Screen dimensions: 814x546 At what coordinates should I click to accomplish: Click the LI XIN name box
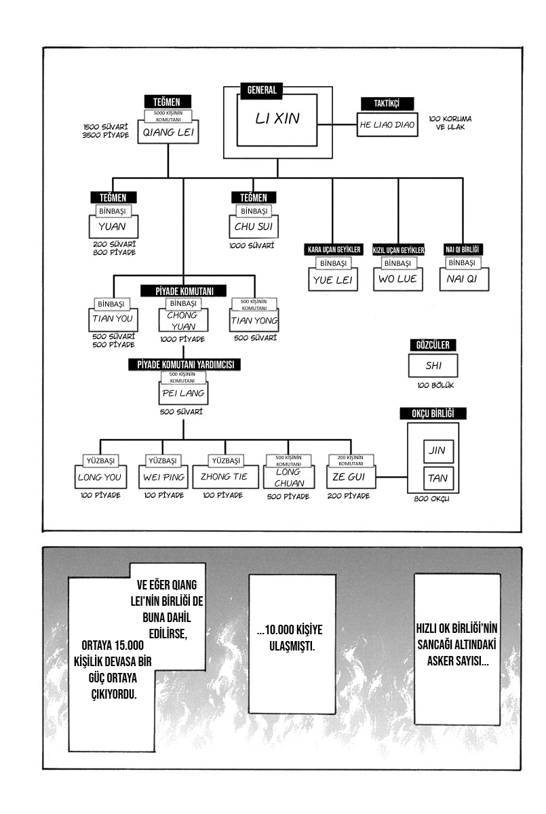[x=277, y=119]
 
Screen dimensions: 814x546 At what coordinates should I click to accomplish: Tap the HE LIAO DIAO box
[x=387, y=125]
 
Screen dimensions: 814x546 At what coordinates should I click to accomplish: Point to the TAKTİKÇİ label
[x=387, y=103]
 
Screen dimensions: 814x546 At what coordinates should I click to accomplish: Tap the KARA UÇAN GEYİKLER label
[x=334, y=250]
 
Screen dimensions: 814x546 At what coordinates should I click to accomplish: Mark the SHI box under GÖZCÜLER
[x=433, y=366]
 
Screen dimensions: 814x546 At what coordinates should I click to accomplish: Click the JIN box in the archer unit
[x=437, y=450]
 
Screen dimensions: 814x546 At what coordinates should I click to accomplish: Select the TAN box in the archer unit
[x=437, y=478]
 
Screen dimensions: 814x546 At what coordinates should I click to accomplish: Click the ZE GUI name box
[x=350, y=478]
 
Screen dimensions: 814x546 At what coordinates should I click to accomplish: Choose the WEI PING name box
[x=163, y=477]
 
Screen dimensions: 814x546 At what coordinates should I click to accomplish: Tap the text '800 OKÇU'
[x=433, y=500]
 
